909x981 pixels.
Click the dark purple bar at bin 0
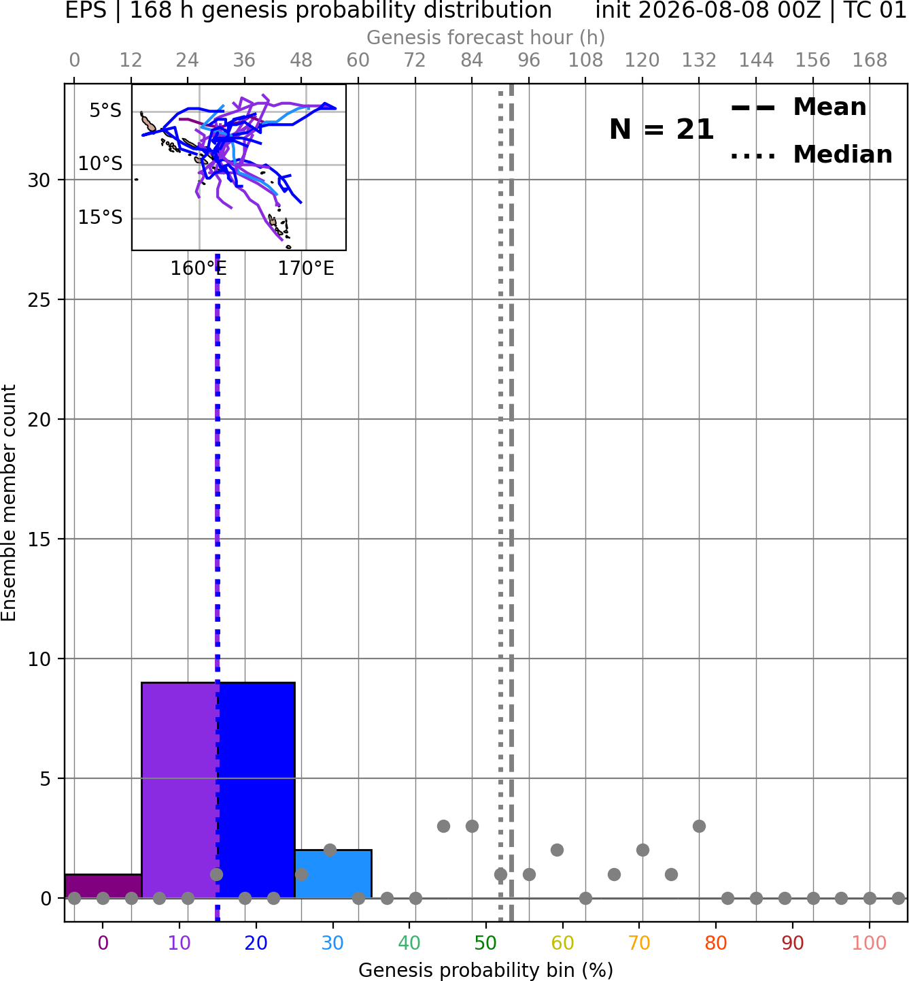[x=103, y=886]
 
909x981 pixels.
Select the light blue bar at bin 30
[x=333, y=874]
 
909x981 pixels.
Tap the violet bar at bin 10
[x=179, y=790]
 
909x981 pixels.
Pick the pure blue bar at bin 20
[x=257, y=790]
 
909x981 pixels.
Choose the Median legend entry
[x=811, y=154]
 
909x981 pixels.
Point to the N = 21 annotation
[x=662, y=129]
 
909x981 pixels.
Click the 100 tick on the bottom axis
[x=869, y=942]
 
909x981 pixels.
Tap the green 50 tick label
[x=485, y=942]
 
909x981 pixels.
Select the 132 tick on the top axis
[x=699, y=61]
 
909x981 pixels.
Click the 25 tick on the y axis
[x=39, y=300]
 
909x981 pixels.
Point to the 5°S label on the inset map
[x=105, y=111]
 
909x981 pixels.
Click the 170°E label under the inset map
[x=306, y=269]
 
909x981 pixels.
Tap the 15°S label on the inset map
[x=100, y=218]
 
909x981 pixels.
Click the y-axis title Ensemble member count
[x=9, y=503]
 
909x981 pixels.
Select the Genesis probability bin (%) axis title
[x=486, y=970]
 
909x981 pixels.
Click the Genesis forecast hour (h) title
[x=486, y=37]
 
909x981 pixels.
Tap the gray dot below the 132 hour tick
[x=699, y=826]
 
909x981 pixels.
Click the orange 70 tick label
[x=639, y=942]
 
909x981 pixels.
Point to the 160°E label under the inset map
[x=199, y=269]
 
